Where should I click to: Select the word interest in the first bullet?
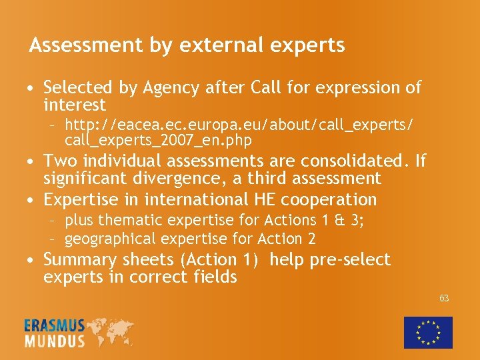tap(75, 105)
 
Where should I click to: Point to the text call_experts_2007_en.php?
tap(158, 140)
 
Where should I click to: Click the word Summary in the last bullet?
tap(79, 259)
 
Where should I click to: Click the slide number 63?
tap(444, 298)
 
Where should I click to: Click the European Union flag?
tap(428, 332)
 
